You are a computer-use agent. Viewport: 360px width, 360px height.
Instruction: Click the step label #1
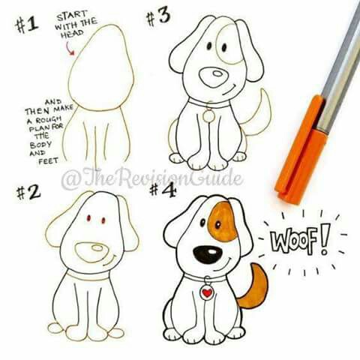pyautogui.click(x=28, y=24)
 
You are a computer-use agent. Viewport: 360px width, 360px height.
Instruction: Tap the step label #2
pyautogui.click(x=27, y=193)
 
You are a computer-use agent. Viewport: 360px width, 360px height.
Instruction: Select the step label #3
pyautogui.click(x=158, y=16)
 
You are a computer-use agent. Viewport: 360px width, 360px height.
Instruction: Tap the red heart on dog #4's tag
pyautogui.click(x=206, y=293)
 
